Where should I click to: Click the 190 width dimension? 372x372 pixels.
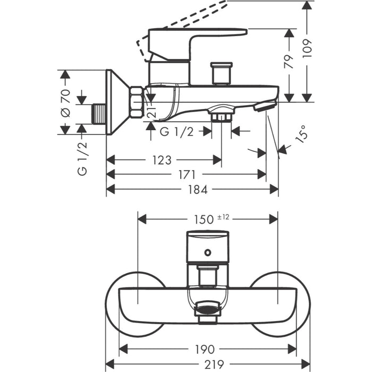pyautogui.click(x=206, y=349)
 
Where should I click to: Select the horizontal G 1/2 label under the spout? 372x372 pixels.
pyautogui.click(x=176, y=132)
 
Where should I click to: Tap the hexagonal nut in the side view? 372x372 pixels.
pyautogui.click(x=137, y=102)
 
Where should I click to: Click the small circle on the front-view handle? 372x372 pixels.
pyautogui.click(x=207, y=254)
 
